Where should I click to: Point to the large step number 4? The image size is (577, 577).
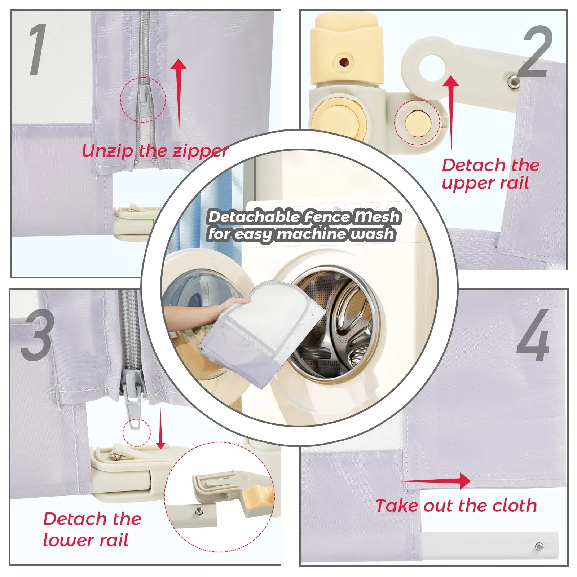point(533,335)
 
